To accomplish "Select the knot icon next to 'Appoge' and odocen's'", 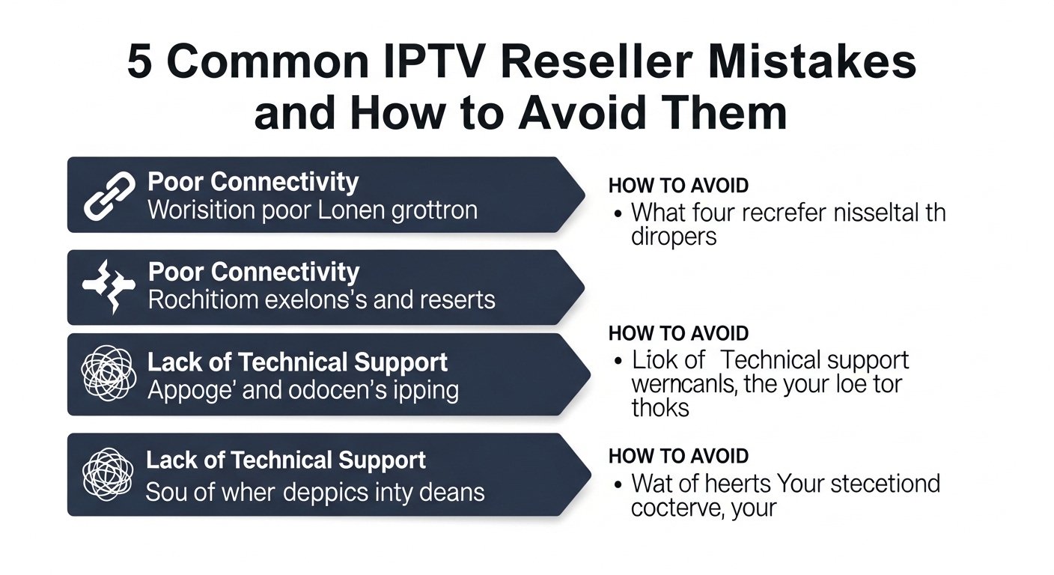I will click(109, 374).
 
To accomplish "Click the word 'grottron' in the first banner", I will click(434, 210).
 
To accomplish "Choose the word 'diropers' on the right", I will click(674, 237).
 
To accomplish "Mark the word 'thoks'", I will click(660, 408).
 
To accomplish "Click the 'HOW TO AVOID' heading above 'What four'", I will click(678, 185).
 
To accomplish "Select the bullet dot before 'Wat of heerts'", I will click(618, 484).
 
